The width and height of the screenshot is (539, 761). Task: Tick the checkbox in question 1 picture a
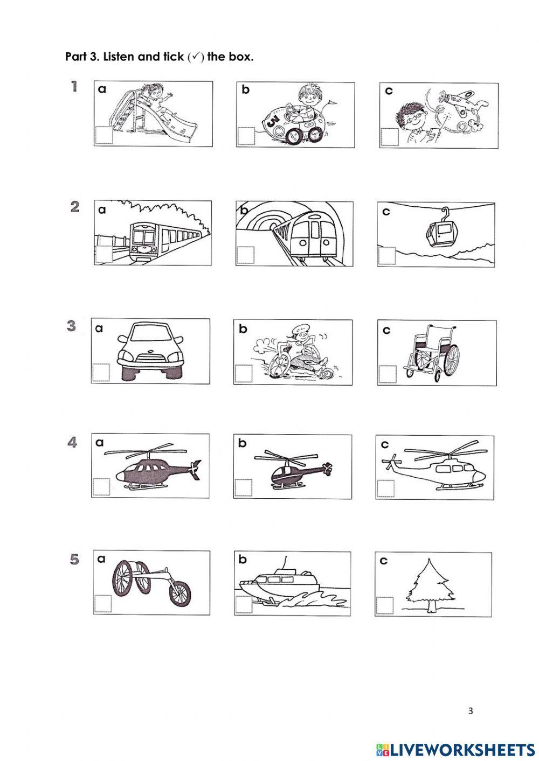[103, 135]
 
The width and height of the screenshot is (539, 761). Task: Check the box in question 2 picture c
[386, 255]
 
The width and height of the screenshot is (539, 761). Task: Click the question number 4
[72, 442]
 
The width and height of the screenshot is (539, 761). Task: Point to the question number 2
[75, 207]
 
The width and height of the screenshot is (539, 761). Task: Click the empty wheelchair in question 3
[432, 353]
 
